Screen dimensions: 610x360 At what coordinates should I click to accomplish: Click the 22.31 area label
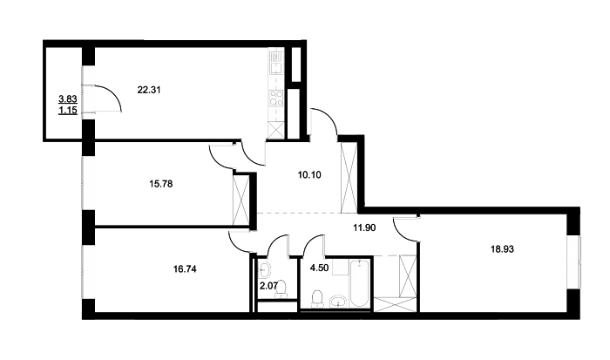click(x=149, y=90)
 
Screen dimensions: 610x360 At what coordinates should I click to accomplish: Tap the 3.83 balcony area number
click(x=68, y=99)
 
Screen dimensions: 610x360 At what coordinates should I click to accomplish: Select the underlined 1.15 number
click(x=68, y=111)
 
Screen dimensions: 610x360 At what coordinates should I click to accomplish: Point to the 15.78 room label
click(x=160, y=183)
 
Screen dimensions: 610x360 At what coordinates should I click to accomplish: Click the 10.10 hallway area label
click(x=309, y=174)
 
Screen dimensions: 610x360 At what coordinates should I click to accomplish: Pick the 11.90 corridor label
click(x=364, y=228)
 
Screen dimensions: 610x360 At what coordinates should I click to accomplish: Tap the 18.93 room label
click(x=502, y=249)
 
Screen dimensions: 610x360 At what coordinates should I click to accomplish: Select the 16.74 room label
click(x=185, y=268)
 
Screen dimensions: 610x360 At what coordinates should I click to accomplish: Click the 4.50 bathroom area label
click(x=318, y=268)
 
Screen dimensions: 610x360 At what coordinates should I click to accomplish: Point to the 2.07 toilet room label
click(x=268, y=286)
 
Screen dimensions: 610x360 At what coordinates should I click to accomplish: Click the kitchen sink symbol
click(x=276, y=65)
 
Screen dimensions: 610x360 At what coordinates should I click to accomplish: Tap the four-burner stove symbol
click(x=276, y=98)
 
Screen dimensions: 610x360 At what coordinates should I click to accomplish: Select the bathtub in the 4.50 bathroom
click(x=358, y=284)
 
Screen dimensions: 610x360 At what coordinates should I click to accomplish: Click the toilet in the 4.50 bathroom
click(x=318, y=299)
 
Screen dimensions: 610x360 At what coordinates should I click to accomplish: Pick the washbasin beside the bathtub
click(x=339, y=302)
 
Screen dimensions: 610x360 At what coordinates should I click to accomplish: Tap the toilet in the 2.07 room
click(x=281, y=289)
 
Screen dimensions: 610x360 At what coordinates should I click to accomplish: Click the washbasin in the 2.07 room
click(x=265, y=268)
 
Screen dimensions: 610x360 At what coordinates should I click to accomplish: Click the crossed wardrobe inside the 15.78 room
click(x=241, y=200)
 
